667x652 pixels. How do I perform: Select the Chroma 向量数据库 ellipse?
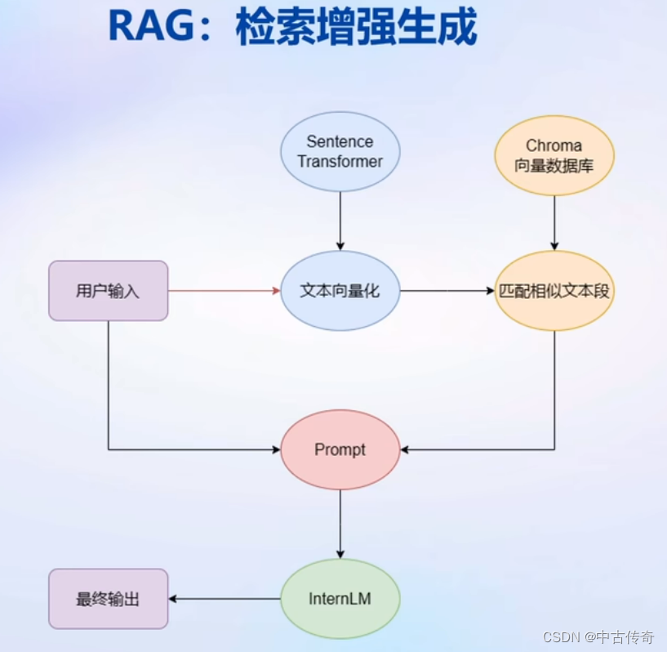pyautogui.click(x=554, y=155)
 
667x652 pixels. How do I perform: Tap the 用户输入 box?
pyautogui.click(x=108, y=290)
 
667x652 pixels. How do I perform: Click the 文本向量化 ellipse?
pyautogui.click(x=340, y=290)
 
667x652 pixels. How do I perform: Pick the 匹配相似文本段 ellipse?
pyautogui.click(x=554, y=290)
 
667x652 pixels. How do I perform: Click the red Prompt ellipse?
pyautogui.click(x=340, y=449)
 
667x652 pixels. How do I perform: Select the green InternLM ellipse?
pyautogui.click(x=340, y=599)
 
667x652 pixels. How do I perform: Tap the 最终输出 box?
pyautogui.click(x=108, y=599)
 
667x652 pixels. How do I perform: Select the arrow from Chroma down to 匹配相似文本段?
pyautogui.click(x=554, y=222)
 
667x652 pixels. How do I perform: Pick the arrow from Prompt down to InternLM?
pyautogui.click(x=340, y=523)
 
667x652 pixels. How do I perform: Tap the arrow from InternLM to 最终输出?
pyautogui.click(x=225, y=599)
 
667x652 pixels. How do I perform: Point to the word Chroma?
pyautogui.click(x=554, y=145)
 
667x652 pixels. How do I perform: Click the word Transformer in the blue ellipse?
pyautogui.click(x=340, y=162)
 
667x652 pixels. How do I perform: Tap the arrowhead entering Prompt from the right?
pyautogui.click(x=406, y=449)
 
